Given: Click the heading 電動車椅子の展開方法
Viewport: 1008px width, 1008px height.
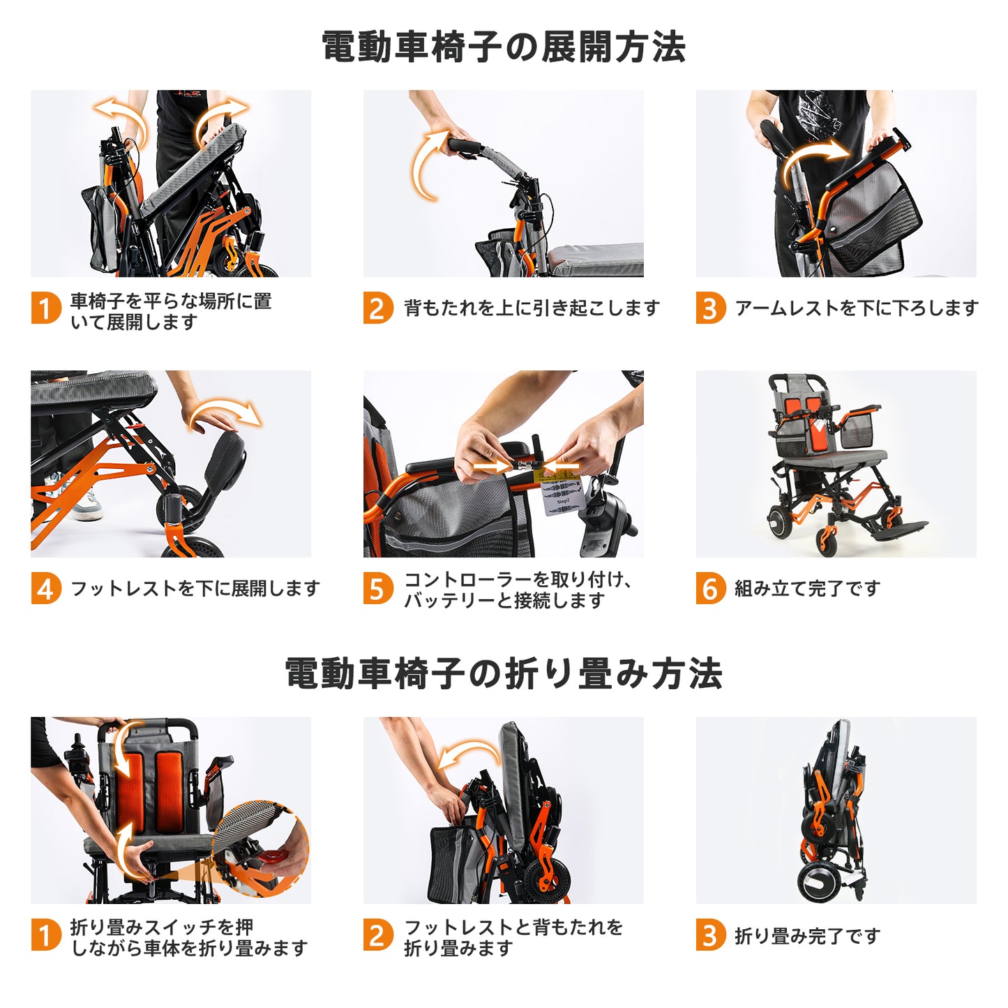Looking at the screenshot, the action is (503, 47).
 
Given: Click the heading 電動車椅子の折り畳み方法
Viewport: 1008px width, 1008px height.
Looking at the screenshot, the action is (503, 673).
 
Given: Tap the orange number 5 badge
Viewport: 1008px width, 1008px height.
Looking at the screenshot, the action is (377, 588).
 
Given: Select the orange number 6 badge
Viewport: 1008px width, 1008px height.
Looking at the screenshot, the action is (710, 588).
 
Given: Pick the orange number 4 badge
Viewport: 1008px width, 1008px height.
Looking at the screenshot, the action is (45, 588).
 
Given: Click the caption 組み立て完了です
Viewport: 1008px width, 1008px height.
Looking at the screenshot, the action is (807, 589).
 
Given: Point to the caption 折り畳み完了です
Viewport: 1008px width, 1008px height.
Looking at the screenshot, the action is (807, 936).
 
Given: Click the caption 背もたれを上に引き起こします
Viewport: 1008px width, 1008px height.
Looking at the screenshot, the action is (532, 308).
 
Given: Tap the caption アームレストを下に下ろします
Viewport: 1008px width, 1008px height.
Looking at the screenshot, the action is (857, 308).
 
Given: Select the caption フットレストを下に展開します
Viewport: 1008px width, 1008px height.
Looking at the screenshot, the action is (195, 589).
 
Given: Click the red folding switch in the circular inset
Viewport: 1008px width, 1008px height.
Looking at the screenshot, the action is (273, 857).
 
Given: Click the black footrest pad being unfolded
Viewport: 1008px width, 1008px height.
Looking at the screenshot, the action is (225, 462).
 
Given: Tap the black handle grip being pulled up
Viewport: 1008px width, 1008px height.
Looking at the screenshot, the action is (464, 146).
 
